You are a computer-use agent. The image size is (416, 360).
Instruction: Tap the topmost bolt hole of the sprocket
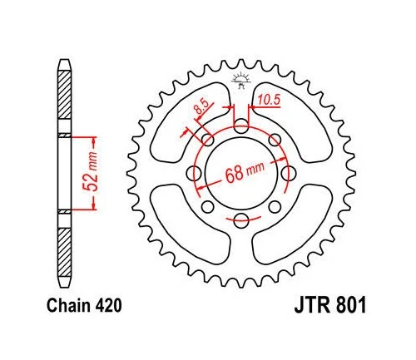tap(240, 126)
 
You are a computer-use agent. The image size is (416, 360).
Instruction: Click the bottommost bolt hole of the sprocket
tap(240, 220)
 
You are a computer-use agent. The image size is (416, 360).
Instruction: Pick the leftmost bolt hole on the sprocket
tap(194, 173)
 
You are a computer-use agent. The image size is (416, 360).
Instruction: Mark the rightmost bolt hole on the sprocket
tap(288, 173)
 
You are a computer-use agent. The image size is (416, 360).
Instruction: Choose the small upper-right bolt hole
tap(275, 140)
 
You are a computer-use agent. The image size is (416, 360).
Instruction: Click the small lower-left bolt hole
tap(207, 207)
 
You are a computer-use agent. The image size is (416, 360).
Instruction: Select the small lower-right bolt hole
tap(275, 207)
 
